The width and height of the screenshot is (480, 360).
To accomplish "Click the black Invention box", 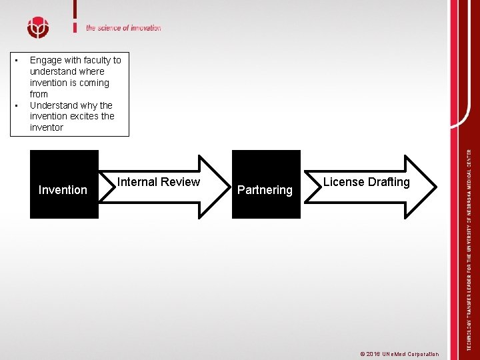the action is [64, 184].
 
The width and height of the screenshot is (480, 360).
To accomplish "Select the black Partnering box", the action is [265, 184].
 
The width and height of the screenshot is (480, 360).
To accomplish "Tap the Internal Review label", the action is [159, 182].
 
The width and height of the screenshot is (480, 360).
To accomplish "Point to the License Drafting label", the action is [367, 182].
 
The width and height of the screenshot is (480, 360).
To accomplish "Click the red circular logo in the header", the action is [38, 27].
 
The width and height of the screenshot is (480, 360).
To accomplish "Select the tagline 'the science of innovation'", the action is [123, 28].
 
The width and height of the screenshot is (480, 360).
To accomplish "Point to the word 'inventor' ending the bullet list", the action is [47, 127].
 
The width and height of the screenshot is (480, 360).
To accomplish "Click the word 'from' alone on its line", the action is [39, 94].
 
